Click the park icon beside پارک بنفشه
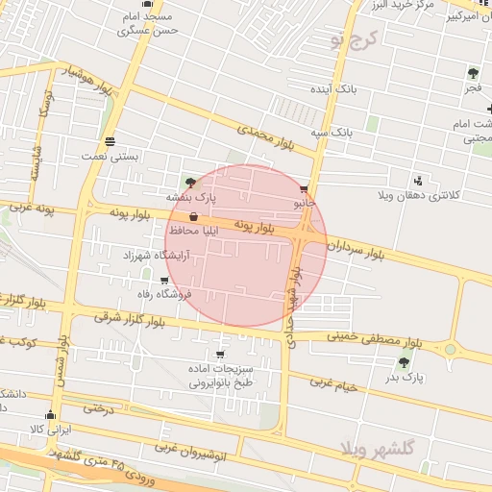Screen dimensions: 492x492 pos(189,182)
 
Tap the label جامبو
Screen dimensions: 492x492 pos(304,204)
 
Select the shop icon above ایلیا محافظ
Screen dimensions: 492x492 pos(196,217)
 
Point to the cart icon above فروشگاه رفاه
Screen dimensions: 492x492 pos(164,280)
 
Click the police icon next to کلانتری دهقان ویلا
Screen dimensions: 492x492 pos(417,180)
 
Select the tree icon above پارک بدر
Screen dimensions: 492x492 pos(404,362)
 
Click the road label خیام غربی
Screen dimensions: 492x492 pos(332,383)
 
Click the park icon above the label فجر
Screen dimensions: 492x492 pos(472,73)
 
